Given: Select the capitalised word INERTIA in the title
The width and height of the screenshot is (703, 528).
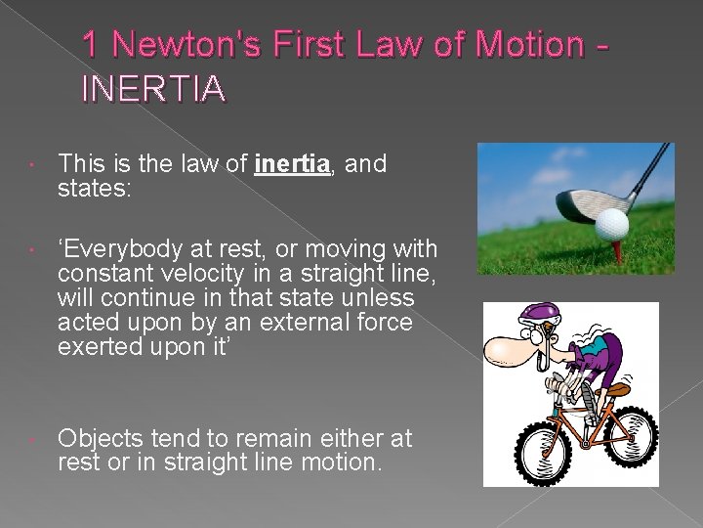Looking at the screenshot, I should pos(153,89).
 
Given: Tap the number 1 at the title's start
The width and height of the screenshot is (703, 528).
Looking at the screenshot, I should pos(91,45).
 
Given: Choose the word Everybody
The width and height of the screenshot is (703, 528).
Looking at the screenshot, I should pos(129,249).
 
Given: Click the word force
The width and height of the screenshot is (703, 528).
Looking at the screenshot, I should pos(382,322).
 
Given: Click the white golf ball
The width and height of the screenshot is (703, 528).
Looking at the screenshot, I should pos(612,223).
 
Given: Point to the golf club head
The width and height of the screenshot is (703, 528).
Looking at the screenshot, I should pos(584,204).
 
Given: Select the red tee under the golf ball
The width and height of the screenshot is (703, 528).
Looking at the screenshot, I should pos(617,252).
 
